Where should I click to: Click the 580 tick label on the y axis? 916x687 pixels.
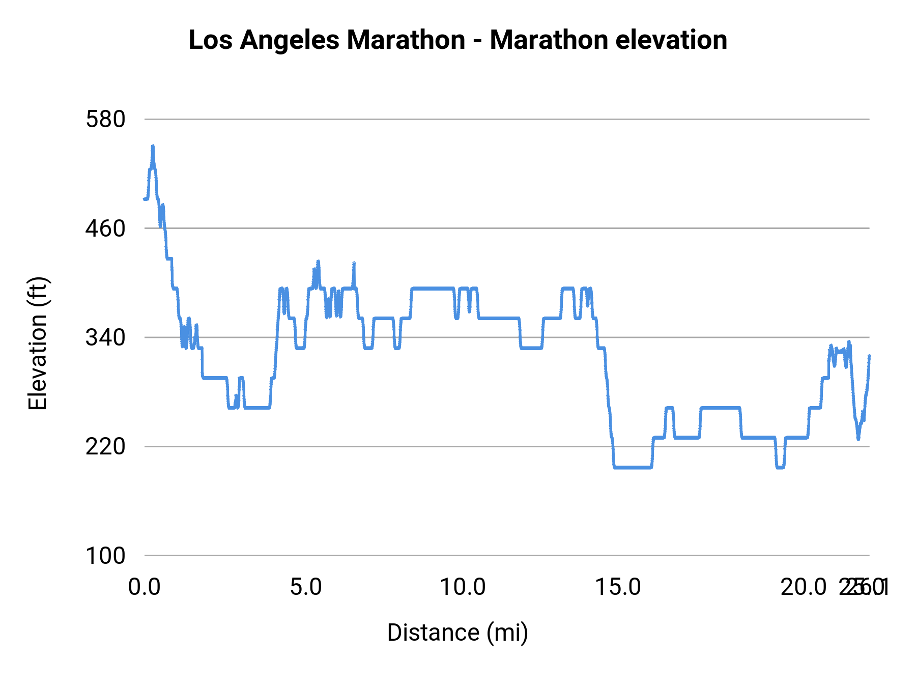click(x=105, y=120)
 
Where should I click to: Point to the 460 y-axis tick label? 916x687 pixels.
click(x=105, y=228)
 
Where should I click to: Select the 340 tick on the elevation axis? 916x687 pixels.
click(x=105, y=337)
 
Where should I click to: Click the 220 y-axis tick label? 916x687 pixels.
click(x=105, y=446)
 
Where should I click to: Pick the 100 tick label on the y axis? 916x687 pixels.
click(x=105, y=555)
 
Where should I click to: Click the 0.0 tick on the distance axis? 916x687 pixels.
click(x=145, y=587)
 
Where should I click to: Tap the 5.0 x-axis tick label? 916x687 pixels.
click(x=306, y=587)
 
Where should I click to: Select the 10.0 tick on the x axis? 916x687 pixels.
click(x=463, y=587)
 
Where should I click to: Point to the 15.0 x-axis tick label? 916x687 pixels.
click(x=618, y=587)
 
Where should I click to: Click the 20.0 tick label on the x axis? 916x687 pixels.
click(x=804, y=587)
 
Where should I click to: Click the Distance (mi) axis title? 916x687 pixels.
click(x=457, y=633)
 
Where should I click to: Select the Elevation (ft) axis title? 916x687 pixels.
click(x=38, y=343)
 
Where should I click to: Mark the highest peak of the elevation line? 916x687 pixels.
click(x=153, y=147)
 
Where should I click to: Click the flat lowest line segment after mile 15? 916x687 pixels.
click(x=633, y=467)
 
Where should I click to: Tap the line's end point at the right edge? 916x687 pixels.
click(x=869, y=356)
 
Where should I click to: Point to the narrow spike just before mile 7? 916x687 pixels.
click(x=354, y=264)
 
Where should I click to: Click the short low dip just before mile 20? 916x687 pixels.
click(x=780, y=467)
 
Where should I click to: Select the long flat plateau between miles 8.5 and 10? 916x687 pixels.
click(x=433, y=289)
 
